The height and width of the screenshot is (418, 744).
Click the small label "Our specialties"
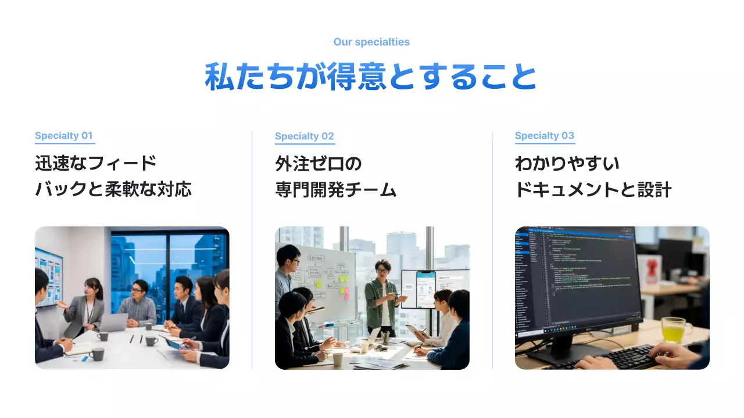pos(371,42)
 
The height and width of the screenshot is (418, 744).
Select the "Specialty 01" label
pos(64,136)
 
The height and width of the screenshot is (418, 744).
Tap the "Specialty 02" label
pos(305,136)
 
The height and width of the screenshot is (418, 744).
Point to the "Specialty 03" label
pos(545,136)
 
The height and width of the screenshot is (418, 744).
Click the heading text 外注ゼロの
pos(318,164)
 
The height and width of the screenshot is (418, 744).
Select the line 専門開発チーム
pos(336,189)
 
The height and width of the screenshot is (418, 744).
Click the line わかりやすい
pos(567,164)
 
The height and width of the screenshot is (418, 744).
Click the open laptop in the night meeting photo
pos(115,322)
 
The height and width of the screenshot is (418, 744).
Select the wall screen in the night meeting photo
pos(49,275)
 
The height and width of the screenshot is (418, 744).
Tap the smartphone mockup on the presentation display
pos(425,288)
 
